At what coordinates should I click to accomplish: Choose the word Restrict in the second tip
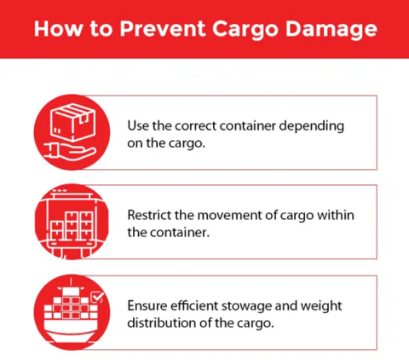point(150,215)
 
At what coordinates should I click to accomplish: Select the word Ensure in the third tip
point(148,305)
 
